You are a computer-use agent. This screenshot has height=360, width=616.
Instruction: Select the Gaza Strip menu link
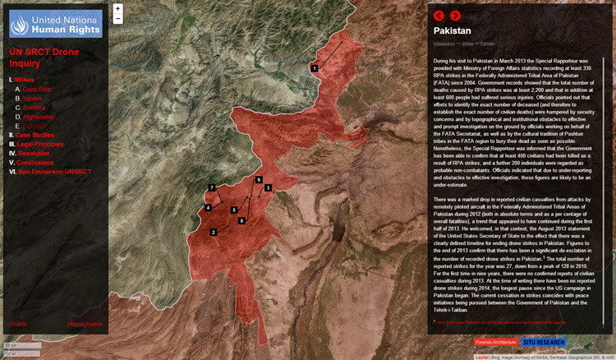pyautogui.click(x=37, y=88)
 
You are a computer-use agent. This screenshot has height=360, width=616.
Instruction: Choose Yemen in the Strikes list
pyautogui.click(x=32, y=98)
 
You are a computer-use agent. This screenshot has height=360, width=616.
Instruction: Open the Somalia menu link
pyautogui.click(x=34, y=108)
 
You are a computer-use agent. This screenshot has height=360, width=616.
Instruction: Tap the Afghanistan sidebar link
pyautogui.click(x=39, y=117)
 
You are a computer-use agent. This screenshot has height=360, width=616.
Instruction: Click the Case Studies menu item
pyautogui.click(x=34, y=135)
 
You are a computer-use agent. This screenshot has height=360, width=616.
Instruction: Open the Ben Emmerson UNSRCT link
pyautogui.click(x=53, y=172)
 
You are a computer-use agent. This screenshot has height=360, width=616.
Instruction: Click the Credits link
pyautogui.click(x=17, y=324)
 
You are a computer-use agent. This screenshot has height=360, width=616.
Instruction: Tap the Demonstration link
pyautogui.click(x=85, y=324)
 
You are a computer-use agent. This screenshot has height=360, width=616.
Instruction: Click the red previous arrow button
pyautogui.click(x=439, y=15)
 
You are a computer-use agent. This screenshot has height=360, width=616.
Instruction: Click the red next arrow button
pyautogui.click(x=455, y=15)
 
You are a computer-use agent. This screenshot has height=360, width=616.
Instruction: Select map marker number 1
pyautogui.click(x=315, y=67)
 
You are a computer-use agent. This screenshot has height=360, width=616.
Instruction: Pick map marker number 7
pyautogui.click(x=211, y=188)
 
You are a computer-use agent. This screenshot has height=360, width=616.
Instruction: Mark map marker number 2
pyautogui.click(x=214, y=233)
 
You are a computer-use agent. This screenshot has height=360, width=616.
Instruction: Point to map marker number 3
pyautogui.click(x=268, y=188)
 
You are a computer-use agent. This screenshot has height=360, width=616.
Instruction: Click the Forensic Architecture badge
pyautogui.click(x=497, y=342)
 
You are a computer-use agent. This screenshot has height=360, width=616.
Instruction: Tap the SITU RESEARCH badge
pyautogui.click(x=544, y=342)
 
